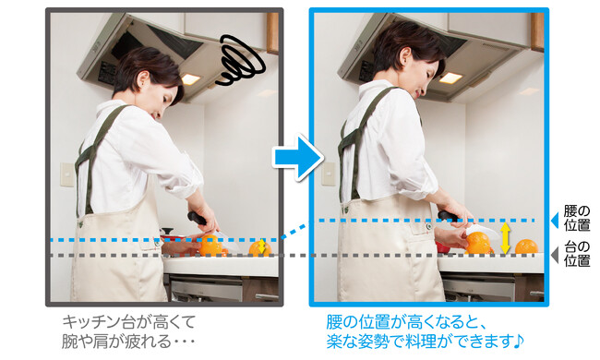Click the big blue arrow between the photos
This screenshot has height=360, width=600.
(x=298, y=157)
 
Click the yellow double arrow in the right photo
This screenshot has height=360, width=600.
(x=505, y=238)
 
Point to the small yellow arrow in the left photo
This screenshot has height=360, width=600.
(x=262, y=246)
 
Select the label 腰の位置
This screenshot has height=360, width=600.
(x=577, y=218)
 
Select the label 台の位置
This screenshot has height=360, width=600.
(x=577, y=254)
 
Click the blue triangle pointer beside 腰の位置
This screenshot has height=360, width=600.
(x=555, y=221)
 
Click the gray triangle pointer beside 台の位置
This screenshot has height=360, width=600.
(x=555, y=255)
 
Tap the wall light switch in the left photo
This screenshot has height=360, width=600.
(x=67, y=174)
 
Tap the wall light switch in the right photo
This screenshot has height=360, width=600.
(x=329, y=174)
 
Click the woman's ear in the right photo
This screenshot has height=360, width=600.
(x=403, y=56)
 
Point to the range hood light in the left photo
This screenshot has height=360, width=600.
(x=190, y=79)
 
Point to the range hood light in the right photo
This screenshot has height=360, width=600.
(x=450, y=78)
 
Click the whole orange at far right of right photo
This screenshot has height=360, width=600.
(x=526, y=247)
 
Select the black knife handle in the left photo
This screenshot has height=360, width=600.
(x=197, y=218)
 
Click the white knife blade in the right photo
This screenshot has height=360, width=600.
(x=483, y=230)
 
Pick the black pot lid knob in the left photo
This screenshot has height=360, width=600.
(x=167, y=231)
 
